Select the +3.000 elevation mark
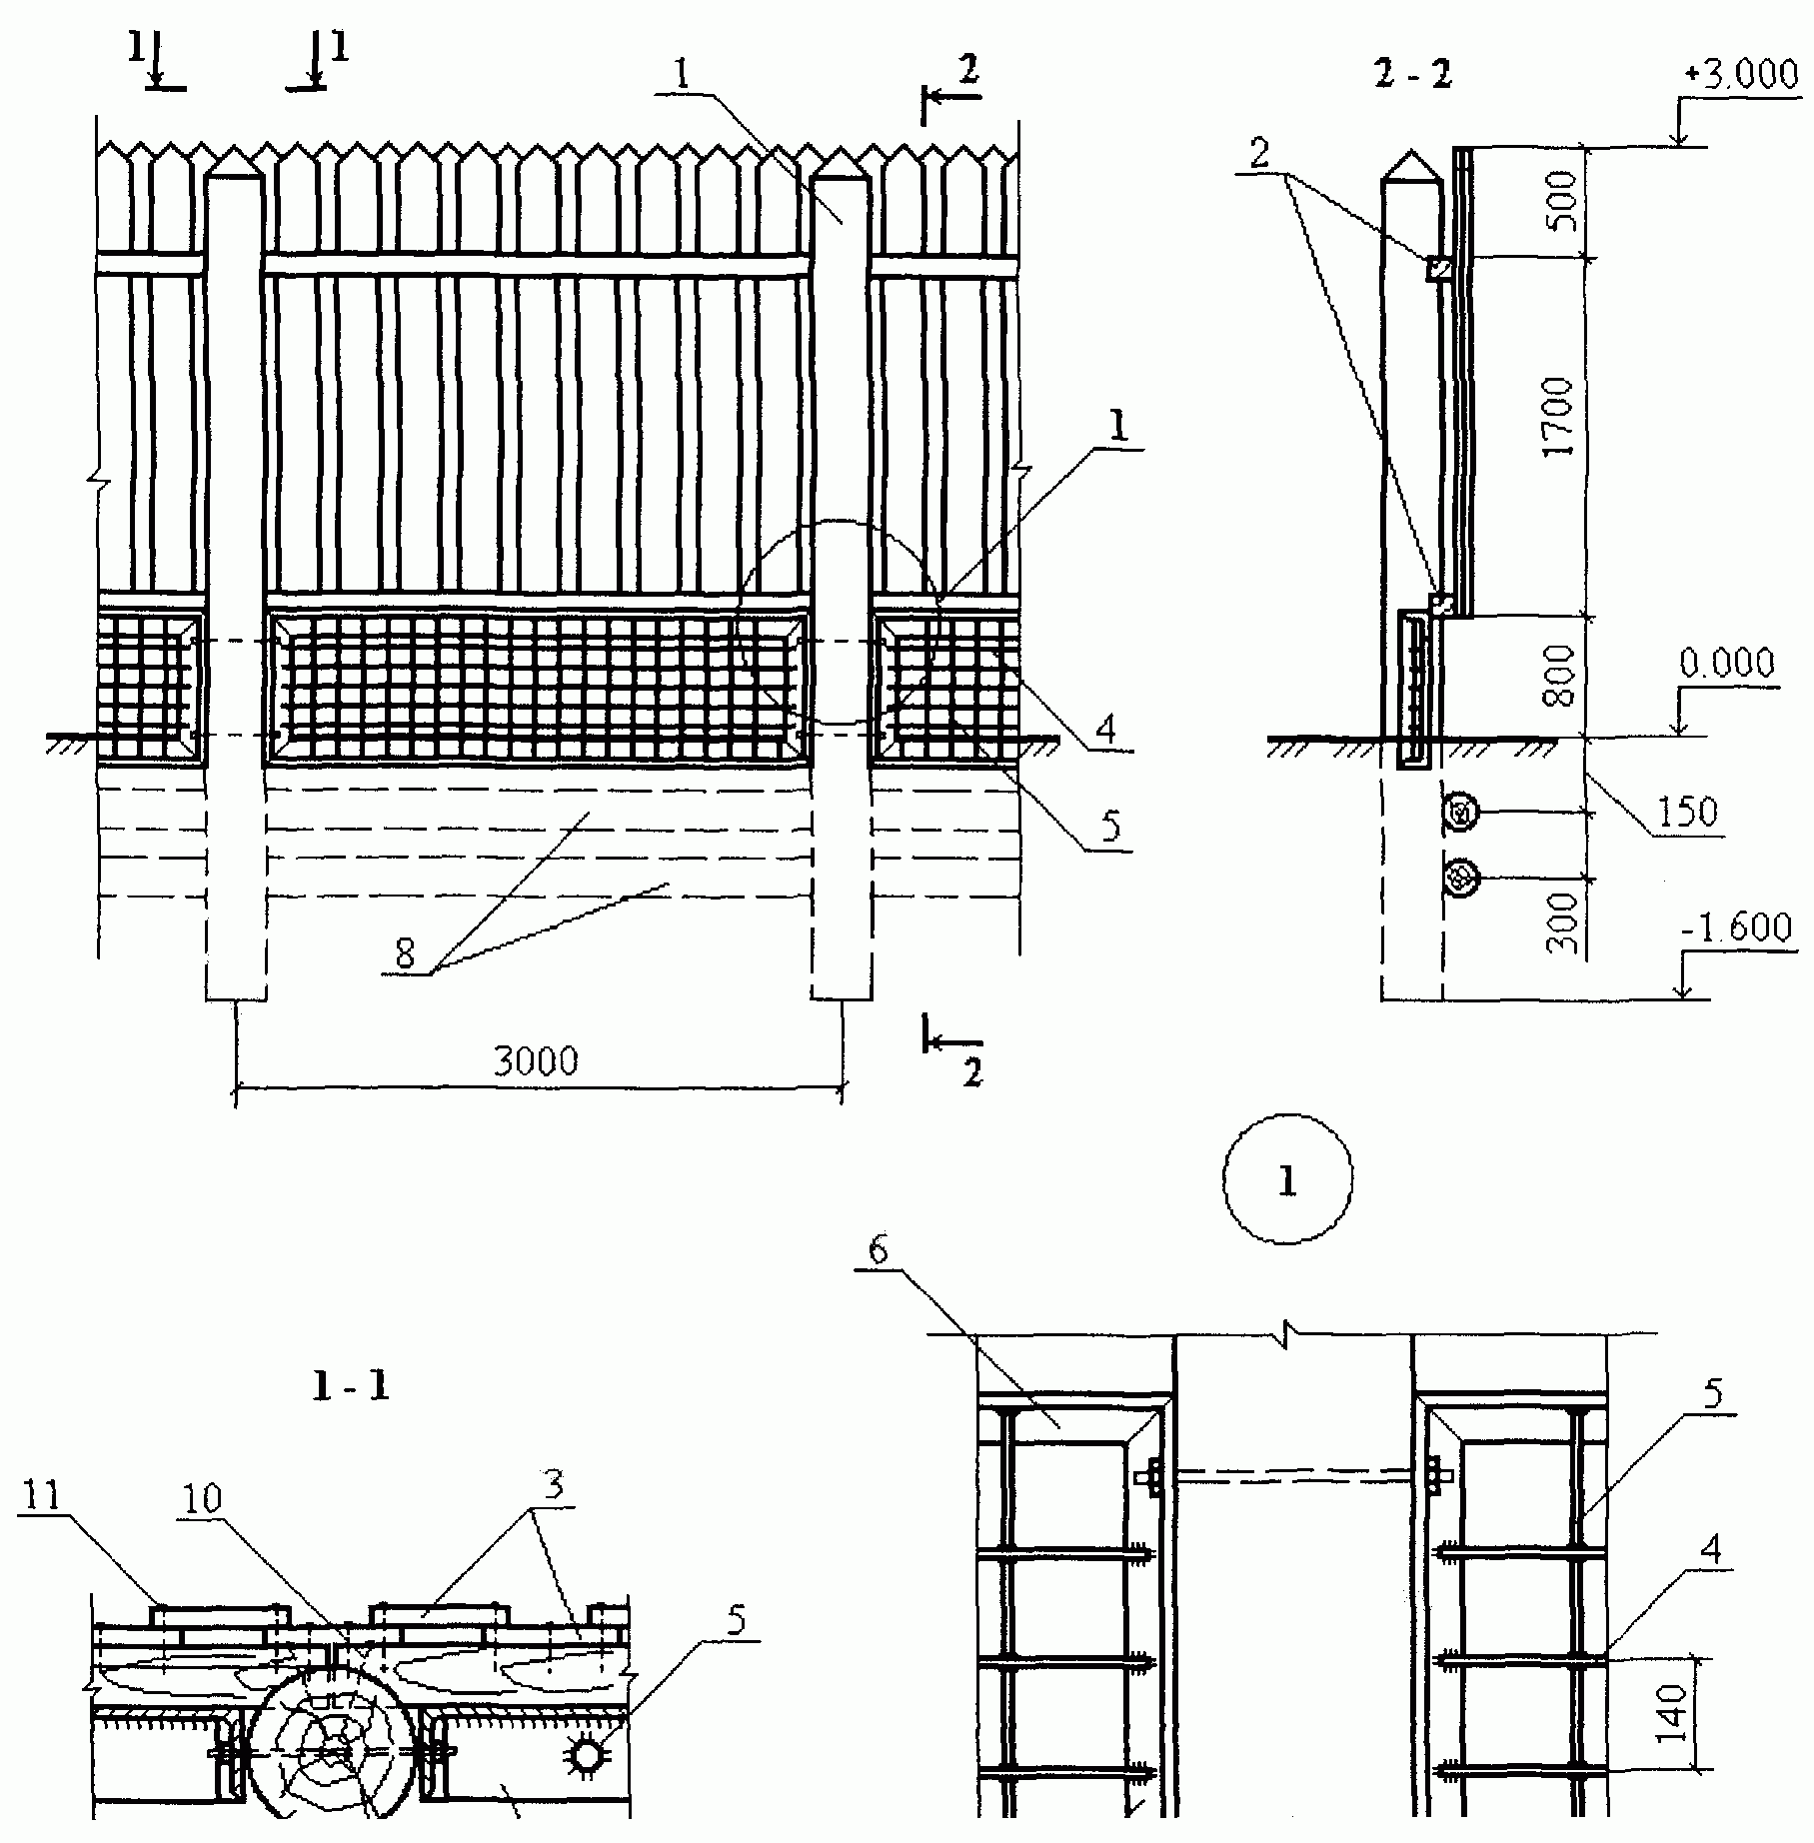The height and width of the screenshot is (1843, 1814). (1740, 76)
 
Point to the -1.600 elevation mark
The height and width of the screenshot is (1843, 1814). (1738, 929)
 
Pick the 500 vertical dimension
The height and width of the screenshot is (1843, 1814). (1560, 201)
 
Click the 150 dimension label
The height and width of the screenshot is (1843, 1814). (1688, 813)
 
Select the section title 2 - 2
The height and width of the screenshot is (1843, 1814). (1412, 75)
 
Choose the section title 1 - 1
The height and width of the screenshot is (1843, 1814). (350, 1386)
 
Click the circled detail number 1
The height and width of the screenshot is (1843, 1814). (1287, 1180)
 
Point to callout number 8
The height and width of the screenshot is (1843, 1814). (405, 954)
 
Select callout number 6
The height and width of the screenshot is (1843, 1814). (878, 1251)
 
